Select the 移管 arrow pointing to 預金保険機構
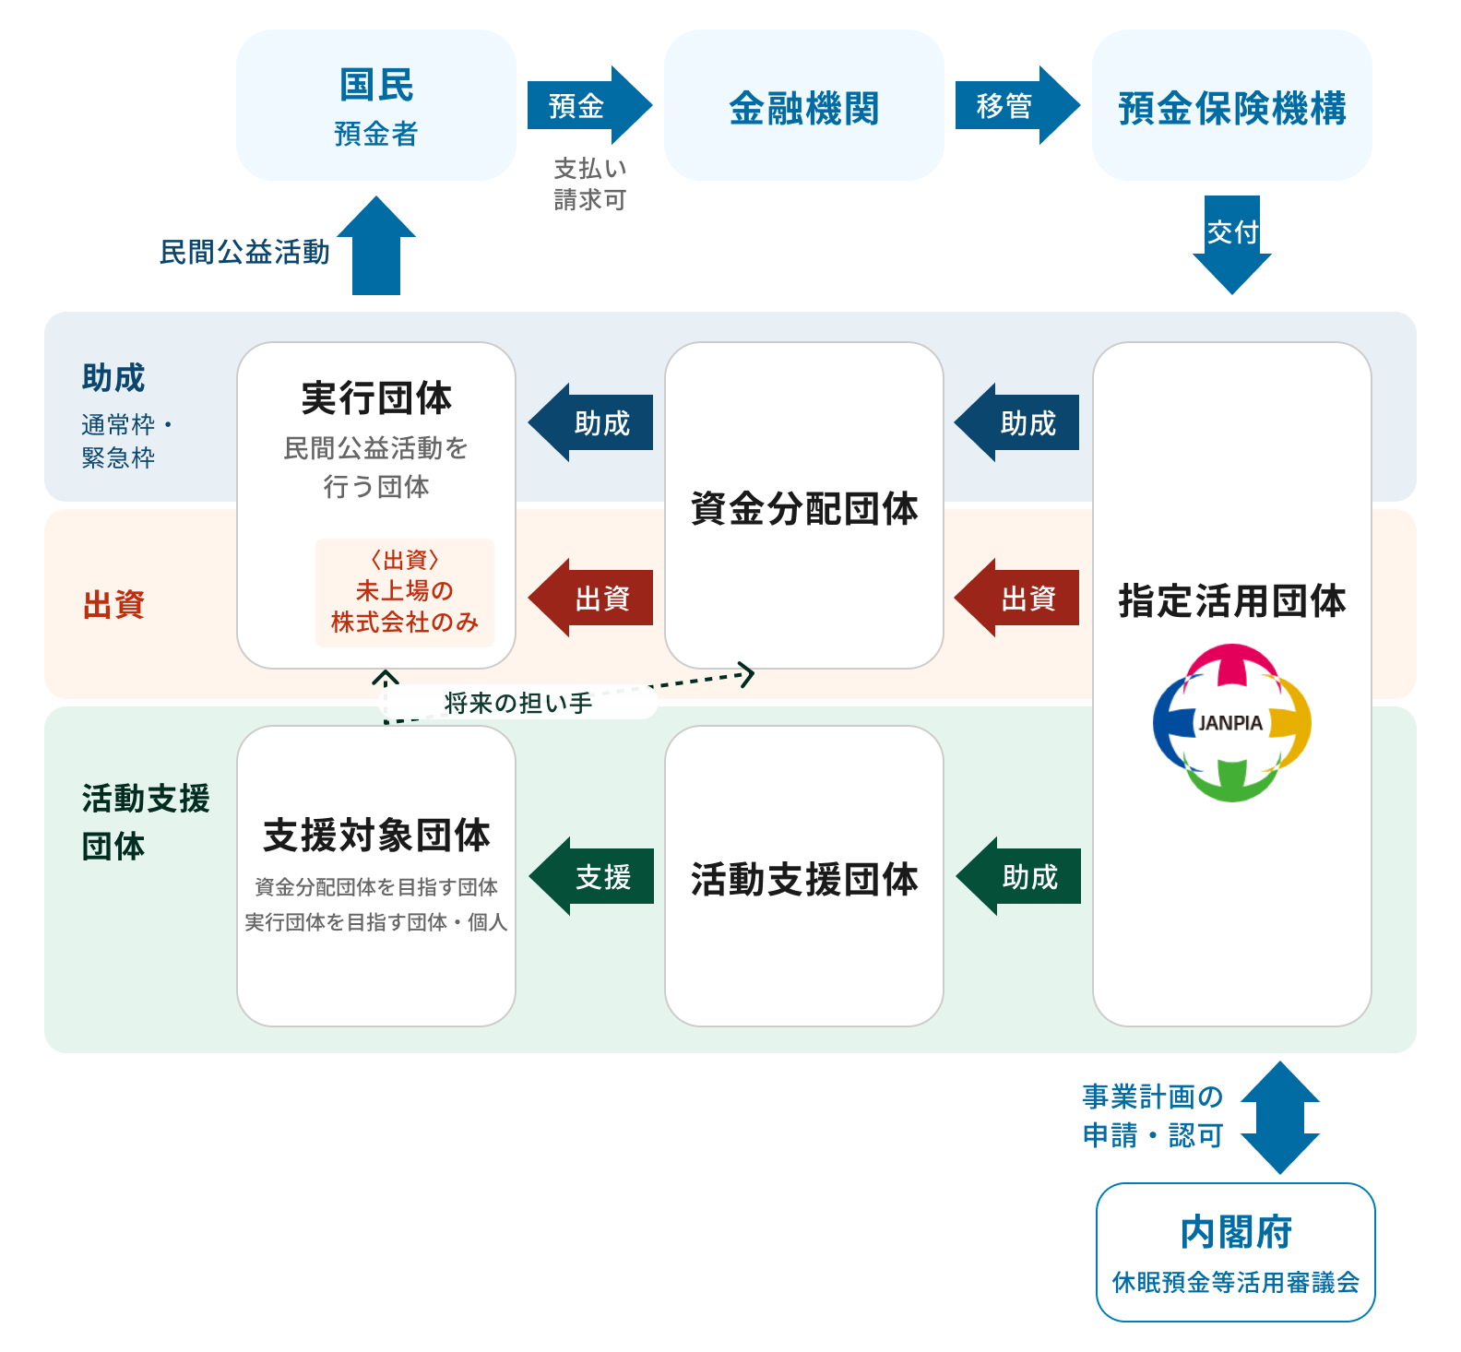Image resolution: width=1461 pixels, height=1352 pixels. coord(1016,105)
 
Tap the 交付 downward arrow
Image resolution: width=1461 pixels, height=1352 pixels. coord(1232,242)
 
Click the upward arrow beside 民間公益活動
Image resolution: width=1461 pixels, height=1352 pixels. coord(376,247)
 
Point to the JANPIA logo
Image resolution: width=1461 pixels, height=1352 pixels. coord(1231,722)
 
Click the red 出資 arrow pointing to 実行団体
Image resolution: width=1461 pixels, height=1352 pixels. coord(591,598)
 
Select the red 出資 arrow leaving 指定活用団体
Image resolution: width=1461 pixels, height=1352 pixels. coord(1017,598)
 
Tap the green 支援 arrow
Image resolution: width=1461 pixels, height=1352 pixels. coord(591,876)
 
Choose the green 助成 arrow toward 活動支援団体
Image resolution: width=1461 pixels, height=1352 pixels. coord(1018,876)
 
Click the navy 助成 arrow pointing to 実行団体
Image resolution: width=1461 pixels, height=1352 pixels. coord(591,422)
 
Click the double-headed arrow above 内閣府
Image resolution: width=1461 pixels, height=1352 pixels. coord(1280,1117)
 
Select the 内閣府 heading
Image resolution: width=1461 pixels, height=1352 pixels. coord(1236,1232)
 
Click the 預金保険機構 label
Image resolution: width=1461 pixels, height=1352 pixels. coord(1232,108)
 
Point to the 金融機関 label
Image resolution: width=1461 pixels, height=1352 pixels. coord(804,108)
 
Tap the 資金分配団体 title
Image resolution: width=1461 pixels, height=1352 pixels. coord(804,508)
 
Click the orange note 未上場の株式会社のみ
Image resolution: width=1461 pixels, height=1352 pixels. coord(405,593)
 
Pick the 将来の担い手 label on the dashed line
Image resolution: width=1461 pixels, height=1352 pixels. coord(518,703)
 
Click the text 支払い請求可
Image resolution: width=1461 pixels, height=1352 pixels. coord(590,184)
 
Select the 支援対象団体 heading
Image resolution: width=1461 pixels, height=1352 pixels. coord(376,835)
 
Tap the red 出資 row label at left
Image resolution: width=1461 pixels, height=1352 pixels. coord(113,604)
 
